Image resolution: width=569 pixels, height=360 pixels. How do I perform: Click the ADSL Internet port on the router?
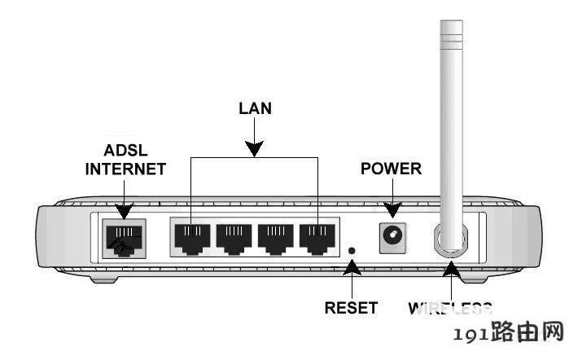point(123,237)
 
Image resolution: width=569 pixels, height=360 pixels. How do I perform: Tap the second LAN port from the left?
point(234,237)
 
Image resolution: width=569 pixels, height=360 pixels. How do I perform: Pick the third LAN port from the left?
point(276,237)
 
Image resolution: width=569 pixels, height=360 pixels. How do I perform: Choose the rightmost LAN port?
point(317,237)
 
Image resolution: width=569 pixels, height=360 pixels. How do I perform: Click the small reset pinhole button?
point(352,251)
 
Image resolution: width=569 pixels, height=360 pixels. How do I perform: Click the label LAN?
point(255,107)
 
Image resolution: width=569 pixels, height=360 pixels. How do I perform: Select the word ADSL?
point(125,152)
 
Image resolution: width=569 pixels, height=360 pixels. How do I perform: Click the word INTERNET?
point(125,169)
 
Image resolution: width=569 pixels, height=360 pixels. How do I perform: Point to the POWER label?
point(391,169)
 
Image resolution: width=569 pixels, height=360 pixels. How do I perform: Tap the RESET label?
point(351,308)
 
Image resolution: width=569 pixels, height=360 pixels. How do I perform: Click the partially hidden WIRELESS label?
point(450,308)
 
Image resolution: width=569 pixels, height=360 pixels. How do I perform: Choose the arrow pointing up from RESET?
point(352,277)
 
